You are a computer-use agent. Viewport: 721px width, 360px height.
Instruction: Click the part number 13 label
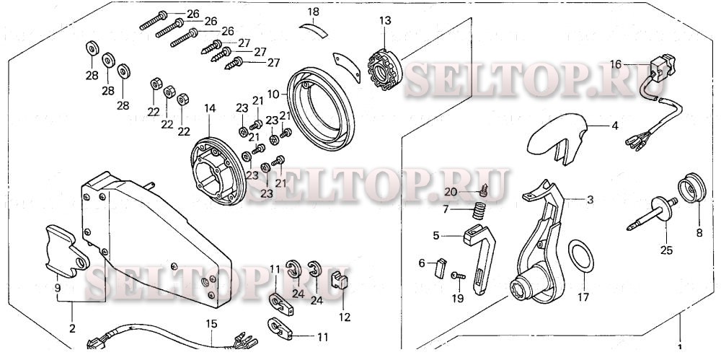(385, 21)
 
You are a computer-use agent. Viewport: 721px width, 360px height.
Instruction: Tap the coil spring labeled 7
(479, 212)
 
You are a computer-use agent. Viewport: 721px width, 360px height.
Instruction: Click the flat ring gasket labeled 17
(580, 255)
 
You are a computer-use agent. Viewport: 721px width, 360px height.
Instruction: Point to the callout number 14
(209, 109)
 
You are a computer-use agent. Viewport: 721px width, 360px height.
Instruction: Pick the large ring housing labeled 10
(321, 108)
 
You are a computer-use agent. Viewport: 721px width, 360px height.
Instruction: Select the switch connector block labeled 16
(660, 69)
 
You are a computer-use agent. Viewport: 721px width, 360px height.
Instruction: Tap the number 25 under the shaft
(666, 250)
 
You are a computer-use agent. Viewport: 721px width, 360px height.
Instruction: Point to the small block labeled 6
(440, 268)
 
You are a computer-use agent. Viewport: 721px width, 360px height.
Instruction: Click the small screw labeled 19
(458, 276)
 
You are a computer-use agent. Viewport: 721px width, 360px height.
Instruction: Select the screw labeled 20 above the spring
(482, 189)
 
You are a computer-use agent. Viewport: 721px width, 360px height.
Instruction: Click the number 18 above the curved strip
(313, 12)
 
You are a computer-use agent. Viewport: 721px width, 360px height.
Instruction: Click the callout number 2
(72, 329)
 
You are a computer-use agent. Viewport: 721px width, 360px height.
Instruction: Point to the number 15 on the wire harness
(211, 324)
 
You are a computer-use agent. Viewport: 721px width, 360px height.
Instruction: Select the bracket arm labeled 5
(479, 258)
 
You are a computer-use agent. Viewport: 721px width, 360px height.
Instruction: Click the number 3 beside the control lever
(590, 200)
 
